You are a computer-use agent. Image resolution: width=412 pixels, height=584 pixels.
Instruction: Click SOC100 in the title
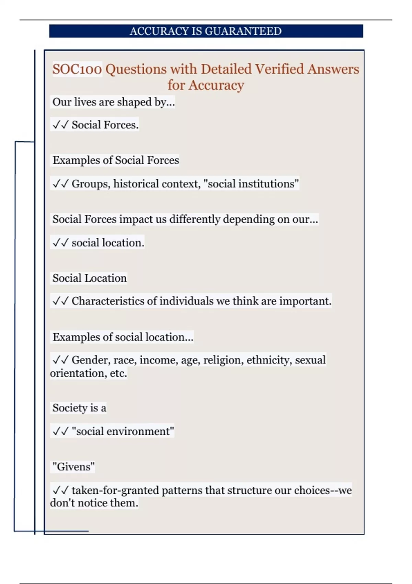pyautogui.click(x=77, y=69)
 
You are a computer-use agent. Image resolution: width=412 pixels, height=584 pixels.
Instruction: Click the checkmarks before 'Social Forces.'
pyautogui.click(x=60, y=125)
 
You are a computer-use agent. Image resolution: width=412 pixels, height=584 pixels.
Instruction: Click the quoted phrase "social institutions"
pyautogui.click(x=251, y=184)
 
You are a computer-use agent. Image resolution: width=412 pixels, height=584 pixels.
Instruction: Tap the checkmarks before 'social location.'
pyautogui.click(x=60, y=243)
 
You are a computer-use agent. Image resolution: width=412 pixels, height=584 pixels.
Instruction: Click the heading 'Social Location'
pyautogui.click(x=90, y=278)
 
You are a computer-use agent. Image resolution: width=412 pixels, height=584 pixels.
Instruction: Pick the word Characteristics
pyautogui.click(x=108, y=301)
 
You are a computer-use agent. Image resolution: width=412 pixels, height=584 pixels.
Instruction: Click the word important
pyautogui.click(x=305, y=301)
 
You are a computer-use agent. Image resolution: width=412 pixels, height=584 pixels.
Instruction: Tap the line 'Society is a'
pyautogui.click(x=79, y=408)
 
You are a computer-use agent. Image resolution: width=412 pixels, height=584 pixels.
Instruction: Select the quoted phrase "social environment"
pyautogui.click(x=123, y=431)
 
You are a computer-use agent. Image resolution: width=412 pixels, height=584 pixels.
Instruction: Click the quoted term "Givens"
pyautogui.click(x=73, y=467)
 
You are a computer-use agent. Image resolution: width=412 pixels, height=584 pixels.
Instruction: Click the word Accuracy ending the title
pyautogui.click(x=216, y=85)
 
